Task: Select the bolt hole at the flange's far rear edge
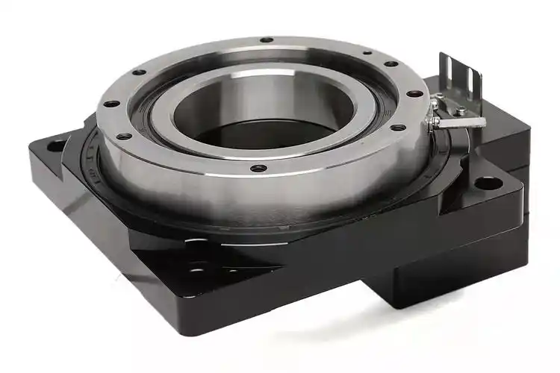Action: (265, 40)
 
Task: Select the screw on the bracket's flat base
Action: (461, 110)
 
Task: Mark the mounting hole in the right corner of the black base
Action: (485, 182)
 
